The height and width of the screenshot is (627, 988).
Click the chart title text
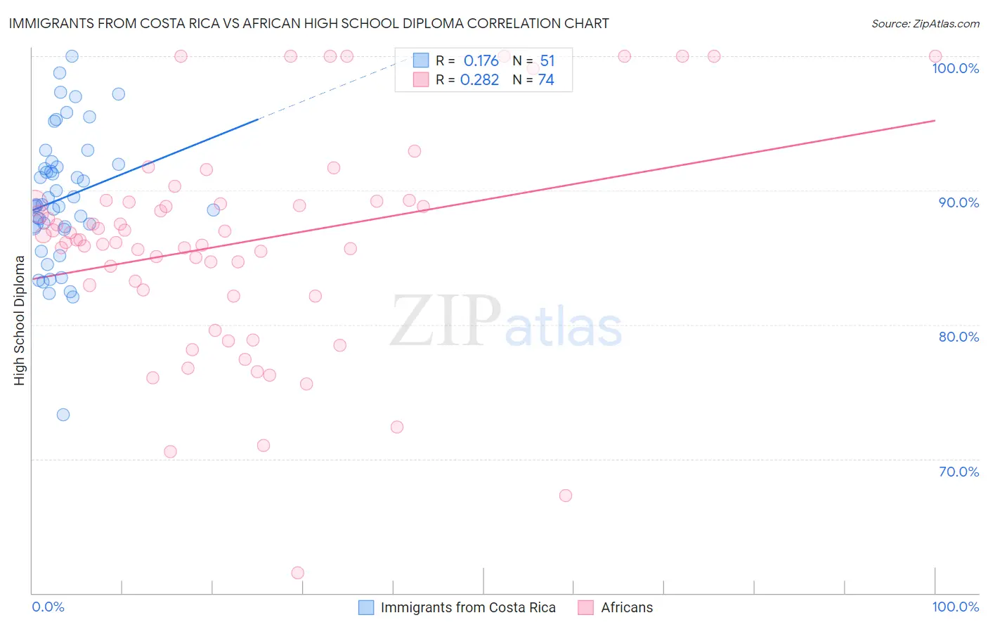(308, 23)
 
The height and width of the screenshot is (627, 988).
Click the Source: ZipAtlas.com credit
(925, 23)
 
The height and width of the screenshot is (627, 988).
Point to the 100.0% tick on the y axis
(955, 68)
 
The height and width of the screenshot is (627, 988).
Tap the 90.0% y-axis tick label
(958, 202)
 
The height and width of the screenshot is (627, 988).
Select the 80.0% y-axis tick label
(958, 337)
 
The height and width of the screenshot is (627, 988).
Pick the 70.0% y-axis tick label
(958, 472)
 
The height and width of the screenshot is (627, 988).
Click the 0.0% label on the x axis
(48, 607)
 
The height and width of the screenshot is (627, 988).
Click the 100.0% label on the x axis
(955, 607)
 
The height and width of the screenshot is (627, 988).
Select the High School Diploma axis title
(20, 321)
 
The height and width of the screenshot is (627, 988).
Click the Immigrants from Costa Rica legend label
(468, 607)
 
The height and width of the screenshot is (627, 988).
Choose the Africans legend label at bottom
(627, 607)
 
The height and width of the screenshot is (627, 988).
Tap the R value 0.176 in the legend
(481, 60)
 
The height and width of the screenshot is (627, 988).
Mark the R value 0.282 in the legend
(479, 79)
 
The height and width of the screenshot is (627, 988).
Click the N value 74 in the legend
(546, 79)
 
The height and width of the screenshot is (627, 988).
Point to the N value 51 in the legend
(547, 60)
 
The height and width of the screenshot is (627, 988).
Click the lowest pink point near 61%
(297, 573)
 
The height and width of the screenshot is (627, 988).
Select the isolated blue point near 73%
(63, 415)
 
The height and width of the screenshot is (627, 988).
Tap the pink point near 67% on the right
(566, 496)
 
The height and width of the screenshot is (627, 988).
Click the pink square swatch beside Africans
(585, 607)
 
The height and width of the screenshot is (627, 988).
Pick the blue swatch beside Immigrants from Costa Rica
(366, 607)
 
